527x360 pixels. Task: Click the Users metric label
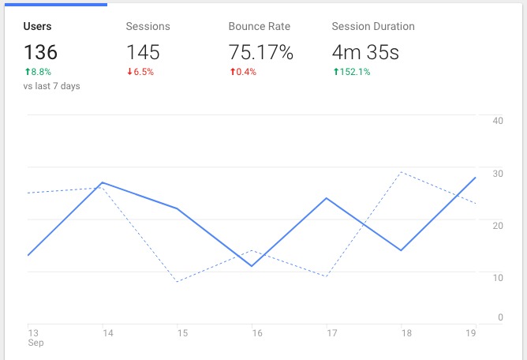(37, 26)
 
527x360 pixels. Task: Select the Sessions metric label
(148, 26)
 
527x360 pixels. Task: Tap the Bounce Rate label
(259, 26)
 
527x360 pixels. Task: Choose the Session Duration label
(372, 26)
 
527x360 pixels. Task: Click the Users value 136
(40, 53)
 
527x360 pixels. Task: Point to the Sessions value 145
(143, 53)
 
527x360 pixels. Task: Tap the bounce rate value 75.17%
(260, 53)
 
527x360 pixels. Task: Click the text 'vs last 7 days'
(51, 85)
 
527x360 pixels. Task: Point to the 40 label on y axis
(498, 121)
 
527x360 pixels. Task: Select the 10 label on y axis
(498, 277)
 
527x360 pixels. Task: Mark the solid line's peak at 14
(103, 182)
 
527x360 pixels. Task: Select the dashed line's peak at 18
(401, 172)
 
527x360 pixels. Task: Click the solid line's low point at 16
(252, 266)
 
